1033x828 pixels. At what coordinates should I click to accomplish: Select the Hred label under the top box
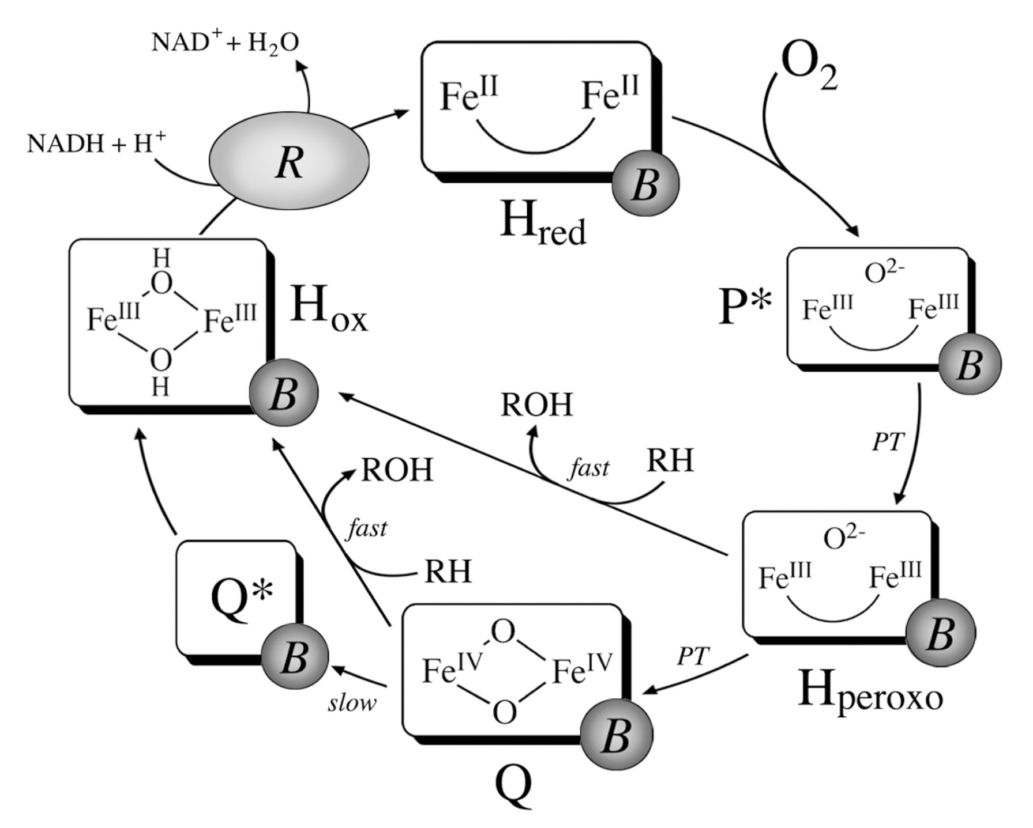(542, 225)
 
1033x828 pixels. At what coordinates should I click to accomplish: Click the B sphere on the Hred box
(645, 184)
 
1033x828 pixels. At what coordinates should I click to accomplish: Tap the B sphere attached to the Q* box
(294, 656)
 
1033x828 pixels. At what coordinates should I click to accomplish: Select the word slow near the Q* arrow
(352, 703)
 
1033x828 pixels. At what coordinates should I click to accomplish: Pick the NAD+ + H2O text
(225, 43)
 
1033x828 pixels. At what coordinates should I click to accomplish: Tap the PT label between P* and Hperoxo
(886, 443)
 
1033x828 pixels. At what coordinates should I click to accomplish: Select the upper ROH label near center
(536, 404)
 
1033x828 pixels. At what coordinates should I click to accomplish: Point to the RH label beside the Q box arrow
(448, 572)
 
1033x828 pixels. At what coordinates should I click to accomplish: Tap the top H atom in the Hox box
(161, 259)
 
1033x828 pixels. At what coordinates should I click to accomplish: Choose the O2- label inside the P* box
(884, 273)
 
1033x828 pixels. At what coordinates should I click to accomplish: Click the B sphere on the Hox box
(283, 392)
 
